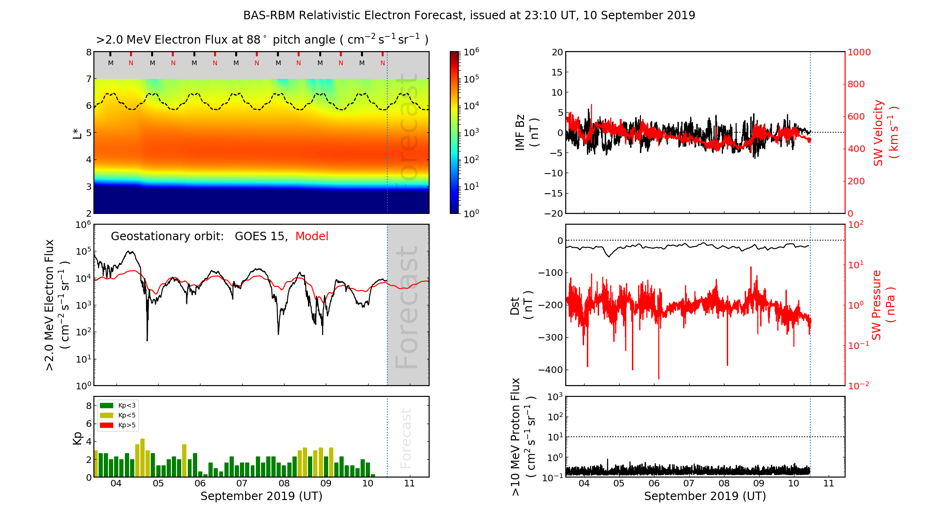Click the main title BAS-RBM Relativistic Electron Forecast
(x=469, y=15)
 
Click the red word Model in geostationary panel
(x=312, y=236)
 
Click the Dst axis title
(x=521, y=305)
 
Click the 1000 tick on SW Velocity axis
(x=859, y=52)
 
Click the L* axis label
(x=77, y=133)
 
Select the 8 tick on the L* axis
(x=88, y=52)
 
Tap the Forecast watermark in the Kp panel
(x=406, y=438)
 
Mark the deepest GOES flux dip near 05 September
(x=147, y=340)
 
